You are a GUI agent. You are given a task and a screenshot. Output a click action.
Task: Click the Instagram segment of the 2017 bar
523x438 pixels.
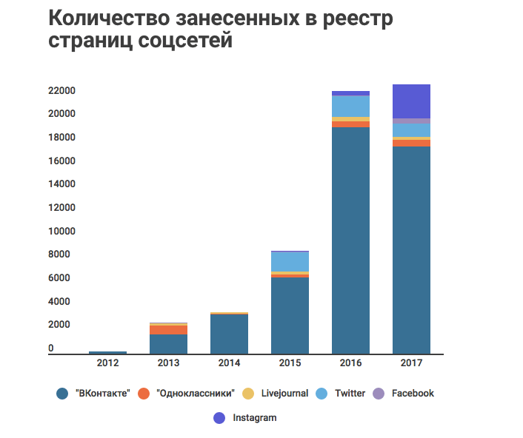coord(411,101)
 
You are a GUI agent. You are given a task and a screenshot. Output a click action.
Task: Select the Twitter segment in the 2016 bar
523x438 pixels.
coord(350,107)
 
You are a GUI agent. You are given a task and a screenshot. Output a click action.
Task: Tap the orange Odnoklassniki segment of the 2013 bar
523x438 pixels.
coord(168,330)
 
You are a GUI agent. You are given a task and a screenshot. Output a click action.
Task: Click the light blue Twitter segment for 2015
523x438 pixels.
coord(290,262)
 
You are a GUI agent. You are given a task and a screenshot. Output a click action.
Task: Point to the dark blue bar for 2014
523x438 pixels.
coord(229,334)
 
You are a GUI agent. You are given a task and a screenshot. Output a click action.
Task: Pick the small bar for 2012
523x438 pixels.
coord(107,353)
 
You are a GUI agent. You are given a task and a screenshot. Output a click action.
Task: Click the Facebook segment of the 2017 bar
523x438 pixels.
coord(411,121)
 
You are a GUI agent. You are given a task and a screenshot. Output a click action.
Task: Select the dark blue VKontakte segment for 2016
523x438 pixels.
coord(350,240)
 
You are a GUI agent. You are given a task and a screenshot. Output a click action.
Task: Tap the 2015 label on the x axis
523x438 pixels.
coord(290,363)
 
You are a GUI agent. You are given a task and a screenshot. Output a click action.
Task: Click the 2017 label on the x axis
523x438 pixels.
coord(411,363)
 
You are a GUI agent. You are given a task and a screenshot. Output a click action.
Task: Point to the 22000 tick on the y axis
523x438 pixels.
coord(61,90)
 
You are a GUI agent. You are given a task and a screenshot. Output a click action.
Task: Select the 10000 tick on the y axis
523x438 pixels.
coord(61,231)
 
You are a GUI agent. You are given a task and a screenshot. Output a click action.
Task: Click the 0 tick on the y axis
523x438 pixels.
coord(50,348)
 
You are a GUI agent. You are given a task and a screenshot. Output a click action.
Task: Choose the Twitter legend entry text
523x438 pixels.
coord(350,394)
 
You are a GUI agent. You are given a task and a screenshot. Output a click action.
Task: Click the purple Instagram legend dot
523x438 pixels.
coord(219,418)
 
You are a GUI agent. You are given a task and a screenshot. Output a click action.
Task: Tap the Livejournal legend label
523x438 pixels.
coord(284,394)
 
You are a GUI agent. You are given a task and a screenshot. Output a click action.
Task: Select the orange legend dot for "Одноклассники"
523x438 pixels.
coord(144,394)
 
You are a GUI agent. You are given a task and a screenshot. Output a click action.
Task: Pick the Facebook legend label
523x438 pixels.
coord(413,394)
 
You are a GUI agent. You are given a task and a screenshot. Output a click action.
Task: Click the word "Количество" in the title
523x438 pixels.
coord(109,18)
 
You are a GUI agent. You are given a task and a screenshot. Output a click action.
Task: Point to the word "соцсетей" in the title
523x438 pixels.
coord(185,41)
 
